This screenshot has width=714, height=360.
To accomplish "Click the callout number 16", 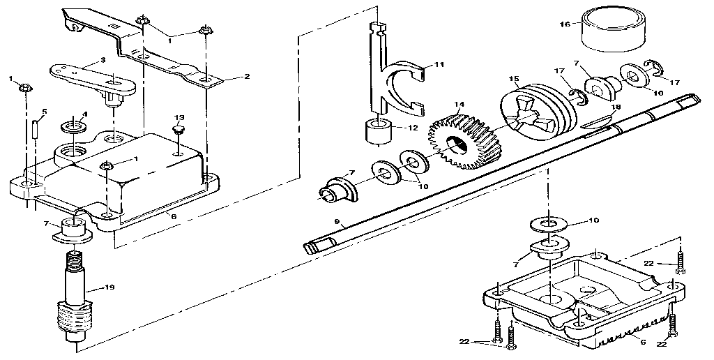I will (565, 24).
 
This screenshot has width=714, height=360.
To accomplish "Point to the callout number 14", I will (458, 105).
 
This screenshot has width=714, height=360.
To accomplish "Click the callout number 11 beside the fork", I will (439, 64).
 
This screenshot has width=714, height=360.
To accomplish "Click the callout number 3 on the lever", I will (103, 61).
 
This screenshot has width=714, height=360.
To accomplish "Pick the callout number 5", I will (44, 112).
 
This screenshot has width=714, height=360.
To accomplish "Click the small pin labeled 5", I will (35, 130).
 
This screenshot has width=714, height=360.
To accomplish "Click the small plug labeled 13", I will (179, 130).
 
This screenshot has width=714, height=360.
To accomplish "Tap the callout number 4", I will (84, 114).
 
